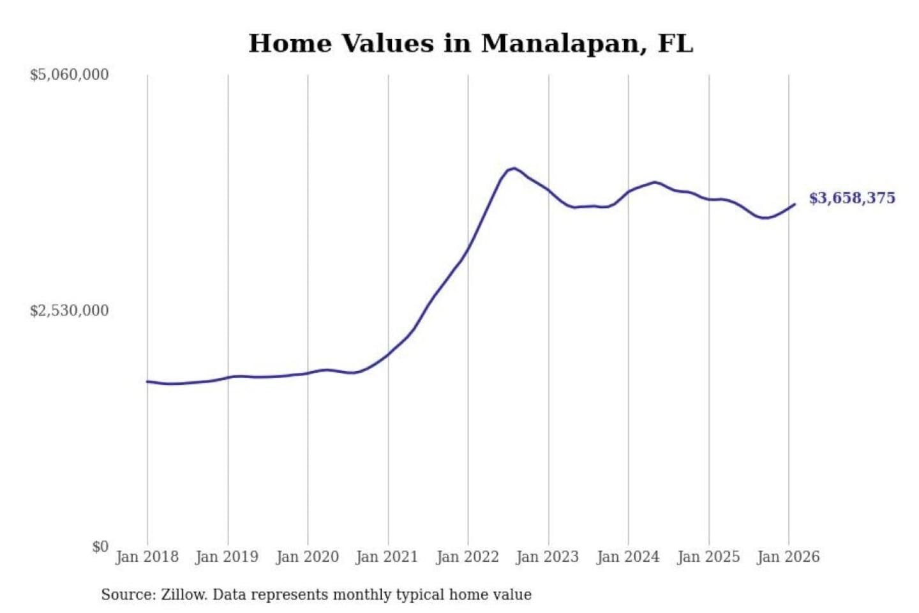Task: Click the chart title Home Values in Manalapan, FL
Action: coord(470,43)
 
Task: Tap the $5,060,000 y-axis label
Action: coord(70,75)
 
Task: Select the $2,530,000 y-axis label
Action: coord(70,311)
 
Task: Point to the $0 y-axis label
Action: coord(100,547)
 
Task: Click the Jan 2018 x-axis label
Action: coord(147,557)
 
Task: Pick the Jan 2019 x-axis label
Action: coord(227,557)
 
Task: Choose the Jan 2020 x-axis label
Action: coord(307,557)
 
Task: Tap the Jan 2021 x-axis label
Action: coord(387,557)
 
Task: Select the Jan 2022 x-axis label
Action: coord(467,557)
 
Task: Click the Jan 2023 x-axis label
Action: coord(547,557)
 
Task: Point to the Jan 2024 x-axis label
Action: coord(627,557)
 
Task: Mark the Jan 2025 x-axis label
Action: coord(708,557)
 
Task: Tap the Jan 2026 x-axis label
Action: coord(788,557)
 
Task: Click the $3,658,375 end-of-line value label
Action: coord(852,198)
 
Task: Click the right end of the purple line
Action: coord(795,204)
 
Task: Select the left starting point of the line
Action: coord(147,381)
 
